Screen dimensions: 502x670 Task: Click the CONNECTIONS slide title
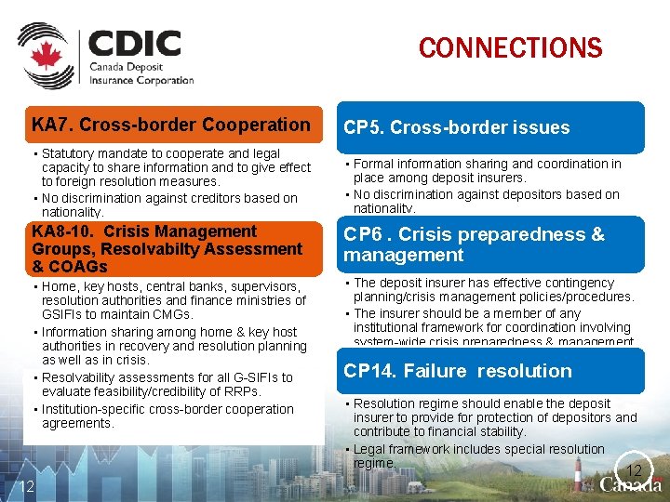[x=510, y=47]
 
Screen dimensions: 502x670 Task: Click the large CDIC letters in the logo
[x=134, y=44]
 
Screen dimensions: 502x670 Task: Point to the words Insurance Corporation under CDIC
[x=141, y=80]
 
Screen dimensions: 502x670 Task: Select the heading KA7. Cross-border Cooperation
[x=171, y=125]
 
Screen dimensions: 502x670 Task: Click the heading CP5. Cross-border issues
[x=456, y=127]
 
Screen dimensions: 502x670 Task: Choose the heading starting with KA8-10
[x=167, y=248]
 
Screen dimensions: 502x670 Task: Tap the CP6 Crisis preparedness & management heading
[x=473, y=244]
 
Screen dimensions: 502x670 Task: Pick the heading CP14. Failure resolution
[x=457, y=371]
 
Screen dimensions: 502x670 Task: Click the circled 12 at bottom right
[x=634, y=469]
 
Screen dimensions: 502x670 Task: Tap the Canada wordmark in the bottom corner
[x=632, y=485]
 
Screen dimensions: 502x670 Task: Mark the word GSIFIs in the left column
[x=63, y=314]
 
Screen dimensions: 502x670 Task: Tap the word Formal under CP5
[x=374, y=164]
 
